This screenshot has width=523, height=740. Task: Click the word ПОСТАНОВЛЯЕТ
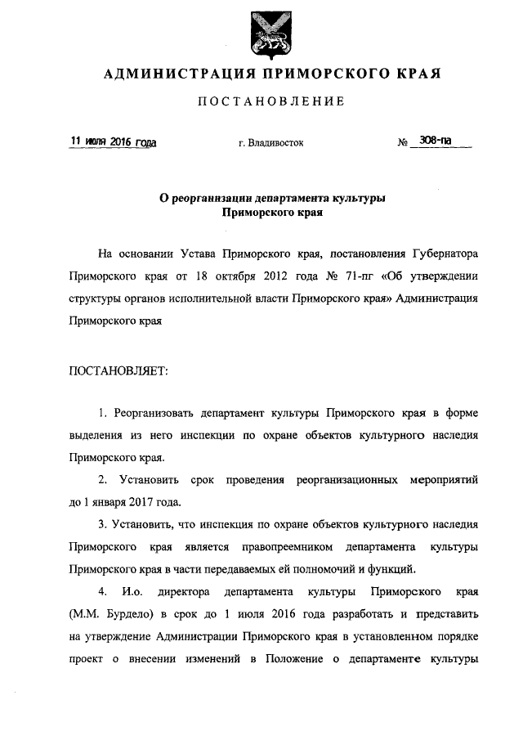coord(119,370)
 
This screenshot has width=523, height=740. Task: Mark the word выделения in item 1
coord(100,436)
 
